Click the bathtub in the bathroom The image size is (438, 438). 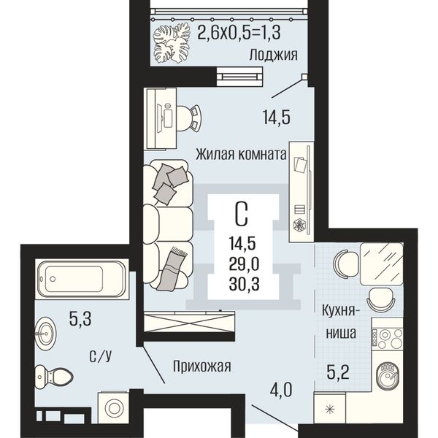(82, 279)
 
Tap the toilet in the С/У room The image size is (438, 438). (54, 377)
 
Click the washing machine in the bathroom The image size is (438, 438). (114, 408)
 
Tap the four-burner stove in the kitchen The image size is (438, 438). (387, 339)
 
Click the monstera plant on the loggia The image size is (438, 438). (172, 44)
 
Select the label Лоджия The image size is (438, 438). (273, 55)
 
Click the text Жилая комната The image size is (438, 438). (241, 154)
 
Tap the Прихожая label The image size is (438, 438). (202, 366)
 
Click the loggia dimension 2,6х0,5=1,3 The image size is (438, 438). (239, 33)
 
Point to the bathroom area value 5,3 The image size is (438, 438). (80, 319)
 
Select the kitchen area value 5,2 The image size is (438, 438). (338, 372)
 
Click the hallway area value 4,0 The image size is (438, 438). (281, 390)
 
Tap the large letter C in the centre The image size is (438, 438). (242, 214)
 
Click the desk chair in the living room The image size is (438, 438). (189, 119)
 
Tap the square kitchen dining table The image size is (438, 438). (382, 264)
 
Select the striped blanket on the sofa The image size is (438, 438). (172, 269)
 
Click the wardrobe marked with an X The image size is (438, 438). (189, 322)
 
